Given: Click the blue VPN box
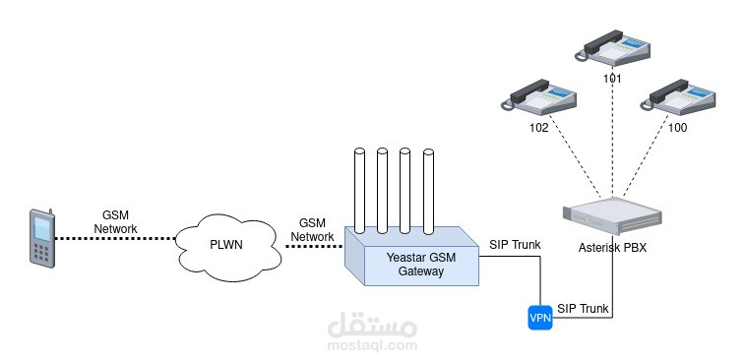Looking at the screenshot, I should (x=539, y=319).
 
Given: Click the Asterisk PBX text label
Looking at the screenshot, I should (x=612, y=247).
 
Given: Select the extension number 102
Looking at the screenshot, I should (x=539, y=127).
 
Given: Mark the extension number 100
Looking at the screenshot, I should (x=677, y=127).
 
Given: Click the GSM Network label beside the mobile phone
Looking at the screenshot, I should (x=116, y=221).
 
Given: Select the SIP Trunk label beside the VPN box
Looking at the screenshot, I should (x=584, y=308).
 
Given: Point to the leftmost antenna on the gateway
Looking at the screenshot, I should (x=358, y=191).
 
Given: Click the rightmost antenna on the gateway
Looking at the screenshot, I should (x=428, y=191).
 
